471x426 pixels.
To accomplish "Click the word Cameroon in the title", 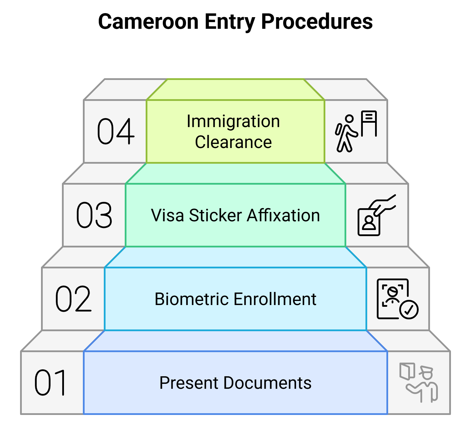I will (x=148, y=22).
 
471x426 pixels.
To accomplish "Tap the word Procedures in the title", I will (x=317, y=22).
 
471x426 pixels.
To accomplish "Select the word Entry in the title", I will (x=230, y=22).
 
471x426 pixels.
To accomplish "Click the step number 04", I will (x=115, y=131).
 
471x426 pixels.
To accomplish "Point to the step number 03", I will (x=94, y=215).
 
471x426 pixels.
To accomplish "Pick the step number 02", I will (x=73, y=299).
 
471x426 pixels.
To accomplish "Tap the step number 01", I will (x=50, y=383).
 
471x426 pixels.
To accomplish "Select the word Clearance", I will (x=233, y=142).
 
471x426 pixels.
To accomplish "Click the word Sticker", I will (x=215, y=215).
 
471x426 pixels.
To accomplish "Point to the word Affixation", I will (x=283, y=215).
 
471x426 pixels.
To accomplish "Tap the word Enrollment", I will (x=275, y=299).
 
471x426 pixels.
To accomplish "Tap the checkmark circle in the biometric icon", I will (x=409, y=310).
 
